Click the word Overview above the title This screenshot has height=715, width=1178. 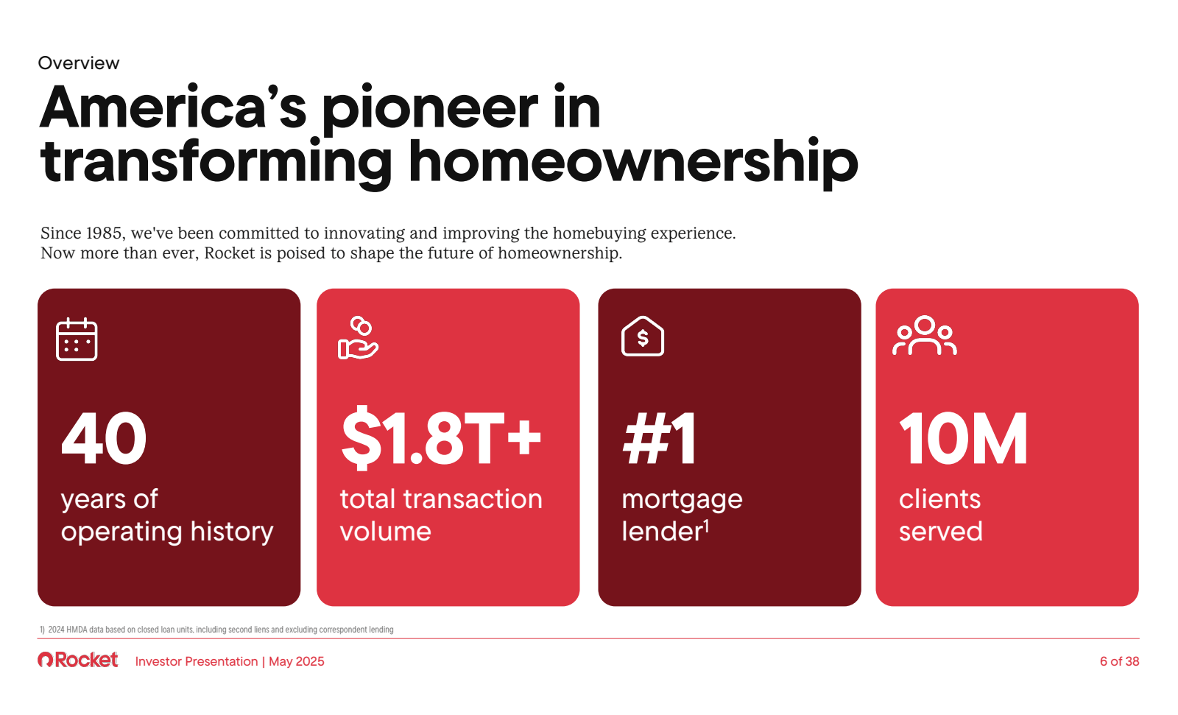[78, 63]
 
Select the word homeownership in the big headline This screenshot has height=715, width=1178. [633, 162]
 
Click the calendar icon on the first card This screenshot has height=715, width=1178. [77, 339]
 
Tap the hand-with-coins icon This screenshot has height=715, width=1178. [358, 338]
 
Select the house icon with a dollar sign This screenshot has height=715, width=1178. [643, 337]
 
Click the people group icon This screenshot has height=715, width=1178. [925, 335]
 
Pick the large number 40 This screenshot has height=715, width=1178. [104, 439]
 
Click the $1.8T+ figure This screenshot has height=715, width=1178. [441, 437]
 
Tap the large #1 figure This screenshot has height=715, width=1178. [659, 438]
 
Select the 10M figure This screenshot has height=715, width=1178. [963, 439]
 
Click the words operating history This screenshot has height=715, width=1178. [167, 532]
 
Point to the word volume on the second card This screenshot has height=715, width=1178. [386, 532]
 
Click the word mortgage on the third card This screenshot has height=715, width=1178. [682, 500]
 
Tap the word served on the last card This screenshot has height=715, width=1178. [941, 532]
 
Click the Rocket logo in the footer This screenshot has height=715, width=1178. [78, 660]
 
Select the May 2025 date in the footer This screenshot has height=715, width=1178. [297, 661]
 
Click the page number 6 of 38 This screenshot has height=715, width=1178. [1120, 661]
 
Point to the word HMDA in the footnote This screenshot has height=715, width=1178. [77, 630]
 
